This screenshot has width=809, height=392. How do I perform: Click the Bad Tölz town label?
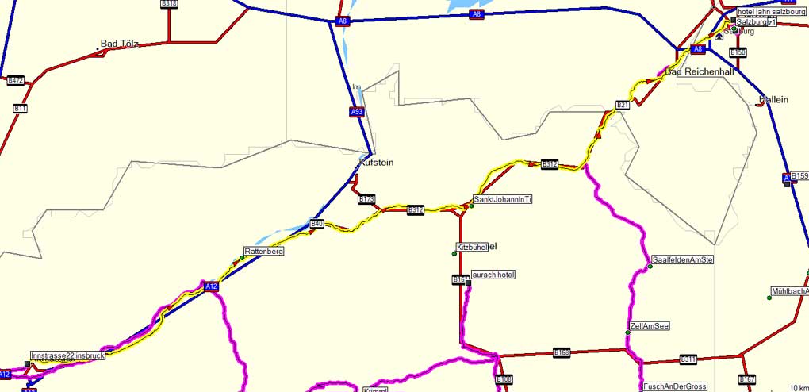(120, 44)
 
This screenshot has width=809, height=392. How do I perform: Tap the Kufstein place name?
(376, 162)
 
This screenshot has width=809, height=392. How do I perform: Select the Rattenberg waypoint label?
(263, 252)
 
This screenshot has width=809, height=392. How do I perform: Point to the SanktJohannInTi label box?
(502, 199)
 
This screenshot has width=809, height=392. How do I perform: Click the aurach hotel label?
(493, 275)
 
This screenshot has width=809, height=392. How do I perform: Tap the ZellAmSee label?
(650, 326)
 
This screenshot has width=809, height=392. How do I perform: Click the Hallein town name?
(773, 99)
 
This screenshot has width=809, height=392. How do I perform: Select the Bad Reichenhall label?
(700, 71)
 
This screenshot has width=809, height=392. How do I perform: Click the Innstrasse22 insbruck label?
(68, 355)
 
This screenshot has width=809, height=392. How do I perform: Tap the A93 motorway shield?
(357, 112)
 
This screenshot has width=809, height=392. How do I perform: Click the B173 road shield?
(366, 199)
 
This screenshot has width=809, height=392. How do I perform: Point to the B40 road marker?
(317, 225)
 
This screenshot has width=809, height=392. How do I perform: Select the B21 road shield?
(623, 105)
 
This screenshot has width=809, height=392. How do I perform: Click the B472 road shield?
(15, 80)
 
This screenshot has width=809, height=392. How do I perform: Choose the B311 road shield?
(688, 359)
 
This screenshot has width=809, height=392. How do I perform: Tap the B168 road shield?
(562, 352)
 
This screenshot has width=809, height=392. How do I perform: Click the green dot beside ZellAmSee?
(627, 332)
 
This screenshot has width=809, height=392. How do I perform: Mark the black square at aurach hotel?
(469, 282)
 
